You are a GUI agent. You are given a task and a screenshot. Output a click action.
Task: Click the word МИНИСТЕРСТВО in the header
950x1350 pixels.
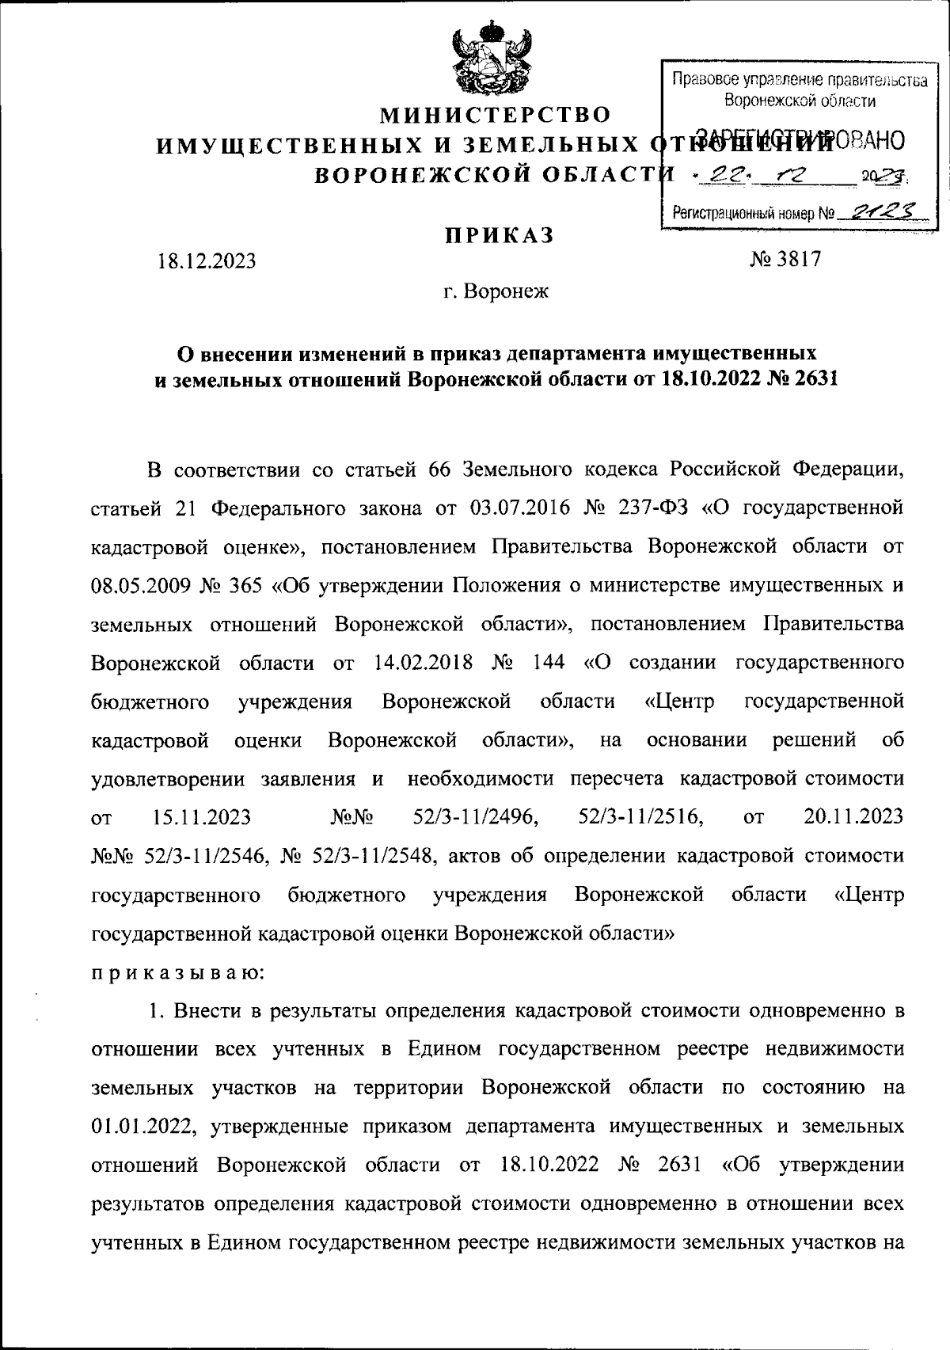(x=497, y=116)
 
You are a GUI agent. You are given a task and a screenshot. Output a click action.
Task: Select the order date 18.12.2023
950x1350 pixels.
(x=207, y=260)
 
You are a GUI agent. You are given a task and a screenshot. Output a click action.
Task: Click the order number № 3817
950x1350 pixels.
(x=785, y=259)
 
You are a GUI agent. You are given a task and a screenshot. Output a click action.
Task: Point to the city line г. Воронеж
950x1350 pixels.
(x=496, y=292)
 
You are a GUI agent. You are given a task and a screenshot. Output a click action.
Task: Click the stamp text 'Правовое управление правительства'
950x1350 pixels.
(x=799, y=79)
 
